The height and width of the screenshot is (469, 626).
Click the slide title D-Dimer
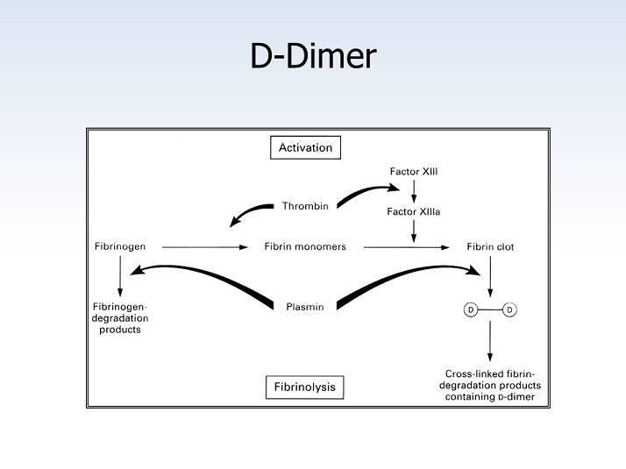click(313, 56)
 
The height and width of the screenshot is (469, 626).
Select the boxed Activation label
click(305, 147)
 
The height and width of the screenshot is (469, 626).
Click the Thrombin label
click(305, 206)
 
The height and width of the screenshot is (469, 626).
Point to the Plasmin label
click(305, 308)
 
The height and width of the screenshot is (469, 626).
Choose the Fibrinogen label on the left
click(120, 246)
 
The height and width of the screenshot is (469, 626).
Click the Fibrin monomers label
click(305, 246)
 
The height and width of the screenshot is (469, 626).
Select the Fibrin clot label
click(490, 246)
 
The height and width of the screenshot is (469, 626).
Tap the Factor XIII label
click(414, 171)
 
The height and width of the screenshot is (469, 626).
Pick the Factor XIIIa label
click(414, 211)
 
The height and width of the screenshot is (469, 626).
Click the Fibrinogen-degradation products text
click(120, 317)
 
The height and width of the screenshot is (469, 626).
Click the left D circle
click(471, 309)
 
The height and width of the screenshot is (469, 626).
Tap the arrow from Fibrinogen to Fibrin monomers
click(205, 247)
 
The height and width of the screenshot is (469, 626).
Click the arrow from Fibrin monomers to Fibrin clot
click(406, 247)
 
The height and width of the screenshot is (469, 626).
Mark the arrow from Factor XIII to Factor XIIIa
click(414, 191)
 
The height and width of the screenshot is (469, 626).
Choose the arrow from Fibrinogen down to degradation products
click(120, 274)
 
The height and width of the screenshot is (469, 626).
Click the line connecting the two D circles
click(490, 309)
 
